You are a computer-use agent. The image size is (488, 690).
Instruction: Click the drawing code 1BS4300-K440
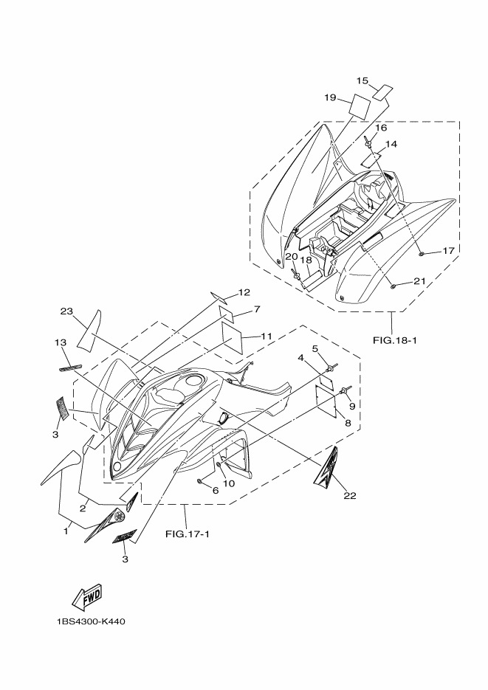(x=90, y=621)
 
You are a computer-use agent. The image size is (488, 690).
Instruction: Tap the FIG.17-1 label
(x=188, y=534)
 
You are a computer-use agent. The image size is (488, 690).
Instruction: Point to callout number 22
(x=349, y=495)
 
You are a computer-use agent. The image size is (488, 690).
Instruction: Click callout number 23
(x=66, y=311)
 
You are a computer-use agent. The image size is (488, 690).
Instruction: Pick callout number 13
(x=60, y=342)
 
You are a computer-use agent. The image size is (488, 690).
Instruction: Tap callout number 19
(x=330, y=97)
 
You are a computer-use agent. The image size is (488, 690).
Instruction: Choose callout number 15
(x=362, y=80)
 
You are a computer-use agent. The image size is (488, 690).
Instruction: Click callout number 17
(x=448, y=251)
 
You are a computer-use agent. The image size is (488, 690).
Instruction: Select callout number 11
(x=266, y=336)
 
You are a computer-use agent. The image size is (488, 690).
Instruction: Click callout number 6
(x=216, y=490)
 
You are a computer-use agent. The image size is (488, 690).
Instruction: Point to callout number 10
(x=228, y=483)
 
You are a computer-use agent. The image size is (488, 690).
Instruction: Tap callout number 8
(x=347, y=423)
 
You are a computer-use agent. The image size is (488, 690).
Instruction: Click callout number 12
(x=244, y=291)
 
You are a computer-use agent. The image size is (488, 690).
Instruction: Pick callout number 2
(x=84, y=507)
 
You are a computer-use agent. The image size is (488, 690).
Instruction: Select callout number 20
(x=291, y=256)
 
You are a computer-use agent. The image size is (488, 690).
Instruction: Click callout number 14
(x=391, y=145)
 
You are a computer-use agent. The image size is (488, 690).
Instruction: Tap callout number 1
(x=66, y=529)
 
